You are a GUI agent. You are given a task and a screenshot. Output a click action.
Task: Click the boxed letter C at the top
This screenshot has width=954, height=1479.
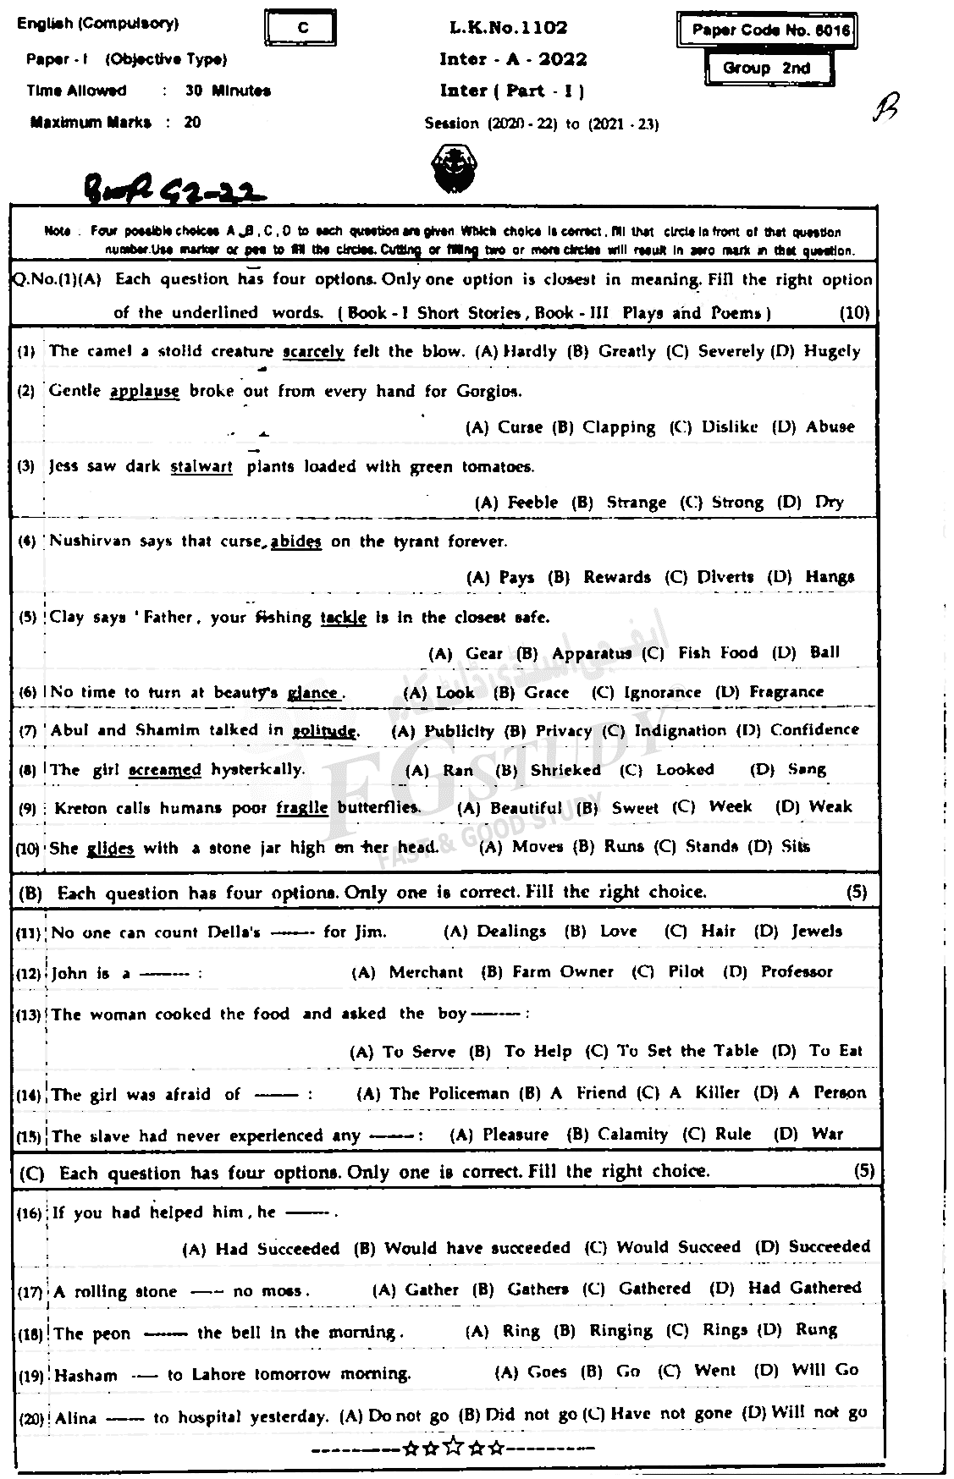coord(303,28)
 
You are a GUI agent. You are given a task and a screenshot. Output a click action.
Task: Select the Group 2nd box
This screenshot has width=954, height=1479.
coord(766,69)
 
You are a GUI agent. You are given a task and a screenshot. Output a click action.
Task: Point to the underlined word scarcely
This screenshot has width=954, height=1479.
coord(313,351)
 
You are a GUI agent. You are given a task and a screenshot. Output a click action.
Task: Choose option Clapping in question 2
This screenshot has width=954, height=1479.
coord(618,427)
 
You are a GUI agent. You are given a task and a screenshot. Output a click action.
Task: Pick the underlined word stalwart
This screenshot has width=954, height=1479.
coord(201,466)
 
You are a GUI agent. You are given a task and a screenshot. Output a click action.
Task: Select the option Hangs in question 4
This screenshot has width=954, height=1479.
coord(830,577)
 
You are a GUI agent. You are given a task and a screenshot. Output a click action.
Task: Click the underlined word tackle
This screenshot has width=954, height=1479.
coord(343,618)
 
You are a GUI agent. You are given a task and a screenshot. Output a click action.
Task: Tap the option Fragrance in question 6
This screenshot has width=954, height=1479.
coord(786,692)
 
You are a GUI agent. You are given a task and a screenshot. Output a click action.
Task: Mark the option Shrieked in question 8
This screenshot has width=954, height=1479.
coord(565,770)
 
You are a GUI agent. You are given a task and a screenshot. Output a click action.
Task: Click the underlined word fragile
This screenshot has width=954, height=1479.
coord(301,807)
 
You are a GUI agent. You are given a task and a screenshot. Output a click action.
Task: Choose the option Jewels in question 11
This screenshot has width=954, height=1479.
coord(817,932)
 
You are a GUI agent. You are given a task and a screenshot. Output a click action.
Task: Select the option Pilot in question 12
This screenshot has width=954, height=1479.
coord(686,971)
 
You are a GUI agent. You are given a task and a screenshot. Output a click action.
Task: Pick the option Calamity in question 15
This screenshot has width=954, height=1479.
coord(632,1134)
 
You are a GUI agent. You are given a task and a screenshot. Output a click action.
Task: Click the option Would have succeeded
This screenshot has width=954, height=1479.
coord(477,1248)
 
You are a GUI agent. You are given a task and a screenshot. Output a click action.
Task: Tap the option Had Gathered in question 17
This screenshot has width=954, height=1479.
coord(804,1288)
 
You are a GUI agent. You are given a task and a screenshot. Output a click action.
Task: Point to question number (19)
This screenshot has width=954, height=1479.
coord(30,1377)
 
